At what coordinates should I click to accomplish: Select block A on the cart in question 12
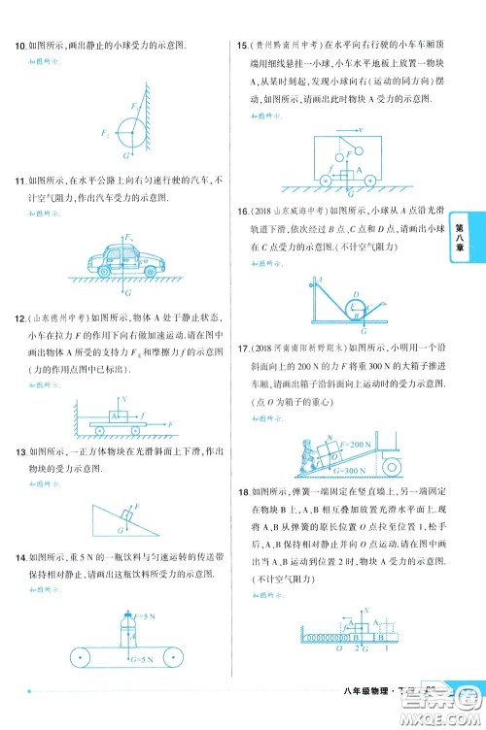pos(118,415)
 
